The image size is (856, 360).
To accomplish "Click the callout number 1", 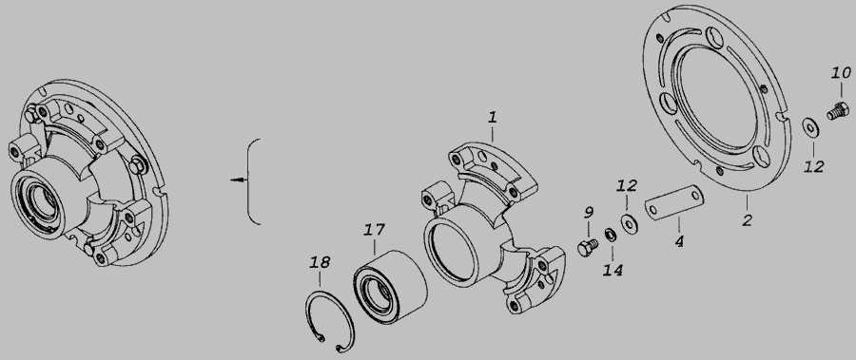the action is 493,117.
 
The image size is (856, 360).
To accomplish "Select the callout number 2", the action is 747,220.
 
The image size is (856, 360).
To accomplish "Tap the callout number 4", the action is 679,241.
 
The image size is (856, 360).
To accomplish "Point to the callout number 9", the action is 589,212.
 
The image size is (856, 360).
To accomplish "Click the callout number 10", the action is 842,72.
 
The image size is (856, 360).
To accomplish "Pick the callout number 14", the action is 613,270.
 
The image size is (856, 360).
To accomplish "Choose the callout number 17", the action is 375,230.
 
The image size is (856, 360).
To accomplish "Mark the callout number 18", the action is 320,262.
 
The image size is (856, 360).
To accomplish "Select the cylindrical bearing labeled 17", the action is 390,286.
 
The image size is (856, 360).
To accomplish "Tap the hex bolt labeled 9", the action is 588,247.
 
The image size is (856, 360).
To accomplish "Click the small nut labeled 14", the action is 611,235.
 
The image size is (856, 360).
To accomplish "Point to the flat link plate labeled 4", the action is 674,202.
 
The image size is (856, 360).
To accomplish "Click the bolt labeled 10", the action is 838,111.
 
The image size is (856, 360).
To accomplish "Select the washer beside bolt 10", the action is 810,127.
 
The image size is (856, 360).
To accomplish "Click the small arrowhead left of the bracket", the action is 237,180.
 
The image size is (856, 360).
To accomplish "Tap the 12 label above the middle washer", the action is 627,185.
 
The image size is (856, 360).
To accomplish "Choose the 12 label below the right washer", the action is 813,166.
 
